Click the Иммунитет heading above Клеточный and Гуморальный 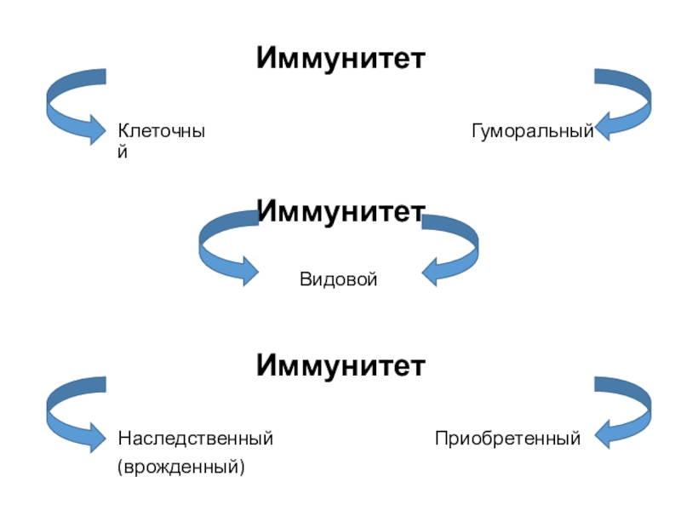[340, 59]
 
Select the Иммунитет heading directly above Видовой [340, 210]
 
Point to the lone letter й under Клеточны [123, 153]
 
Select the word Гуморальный [532, 132]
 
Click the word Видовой [338, 278]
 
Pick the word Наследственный [195, 439]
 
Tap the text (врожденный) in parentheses [180, 467]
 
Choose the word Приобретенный [507, 439]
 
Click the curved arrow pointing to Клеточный [68, 106]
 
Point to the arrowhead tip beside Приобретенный [595, 439]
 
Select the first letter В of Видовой [304, 278]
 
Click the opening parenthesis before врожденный [121, 467]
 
